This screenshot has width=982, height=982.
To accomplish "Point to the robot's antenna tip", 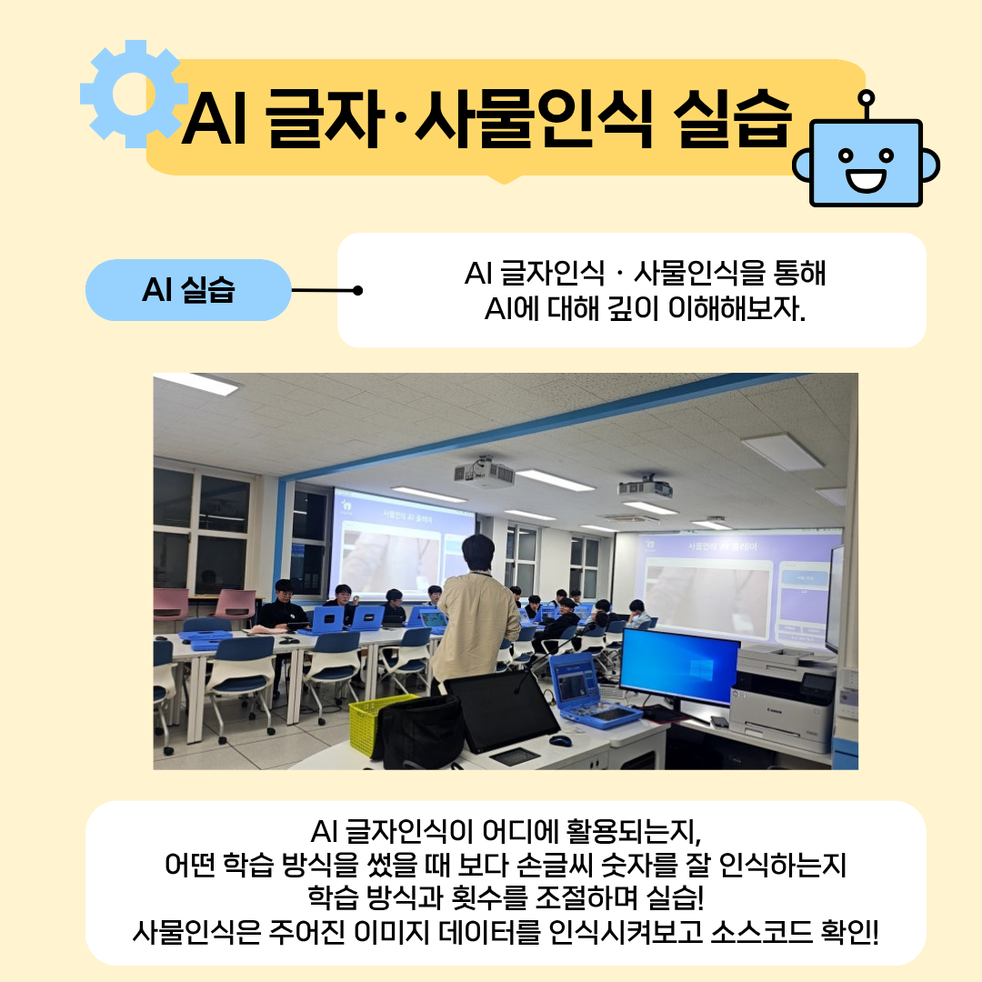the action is point(867,97).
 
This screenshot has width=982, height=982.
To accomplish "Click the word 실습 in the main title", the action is point(733,119).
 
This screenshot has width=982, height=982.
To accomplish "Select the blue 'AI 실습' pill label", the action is point(188,290).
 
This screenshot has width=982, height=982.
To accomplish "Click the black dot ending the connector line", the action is point(357,290).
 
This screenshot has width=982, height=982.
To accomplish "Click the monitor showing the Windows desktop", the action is point(679,667).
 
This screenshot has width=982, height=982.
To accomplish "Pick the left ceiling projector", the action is point(484,473).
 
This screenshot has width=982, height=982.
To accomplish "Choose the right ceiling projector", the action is point(646,486).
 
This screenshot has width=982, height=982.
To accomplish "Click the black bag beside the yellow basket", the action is point(418,729).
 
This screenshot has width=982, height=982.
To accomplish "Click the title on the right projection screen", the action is point(722,546).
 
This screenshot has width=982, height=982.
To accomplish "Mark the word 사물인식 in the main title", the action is point(534,119).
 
